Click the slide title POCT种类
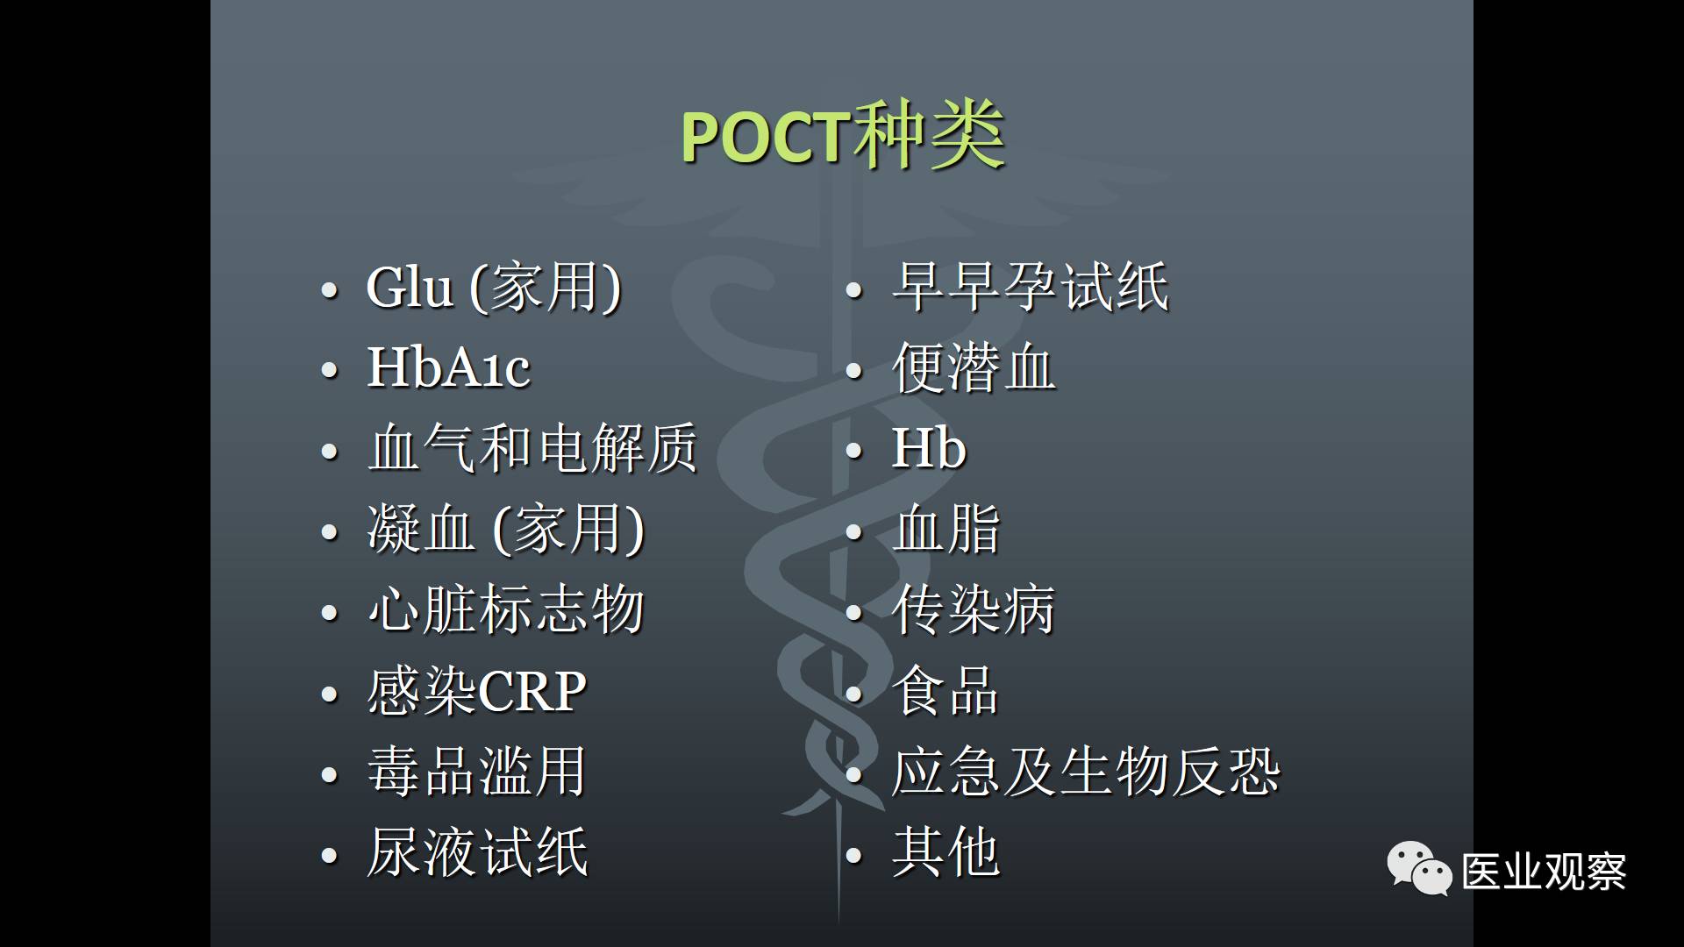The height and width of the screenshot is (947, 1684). point(843,137)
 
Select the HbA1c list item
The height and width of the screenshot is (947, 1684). point(448,367)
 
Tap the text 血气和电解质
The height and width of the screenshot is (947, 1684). point(532,447)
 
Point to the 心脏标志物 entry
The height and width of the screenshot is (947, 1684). point(506,609)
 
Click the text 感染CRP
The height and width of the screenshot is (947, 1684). point(476,691)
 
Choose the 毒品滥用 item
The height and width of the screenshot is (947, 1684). point(476,772)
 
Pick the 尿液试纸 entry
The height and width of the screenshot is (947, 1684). point(477,852)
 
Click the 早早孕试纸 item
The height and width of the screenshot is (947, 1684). point(1031,287)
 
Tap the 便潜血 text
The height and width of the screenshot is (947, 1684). point(974,367)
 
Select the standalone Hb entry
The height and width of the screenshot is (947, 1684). point(929,447)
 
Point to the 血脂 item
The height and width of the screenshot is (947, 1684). point(945,529)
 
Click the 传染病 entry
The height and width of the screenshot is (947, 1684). point(974,609)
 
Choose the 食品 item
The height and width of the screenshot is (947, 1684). point(945,691)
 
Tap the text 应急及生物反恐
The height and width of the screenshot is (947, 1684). point(1086,772)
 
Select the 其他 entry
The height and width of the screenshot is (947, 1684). point(945,852)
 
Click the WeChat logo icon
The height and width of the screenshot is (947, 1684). point(1419,868)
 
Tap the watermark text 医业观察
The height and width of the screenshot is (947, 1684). point(1544,872)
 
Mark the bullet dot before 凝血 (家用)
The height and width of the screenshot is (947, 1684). point(330,532)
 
